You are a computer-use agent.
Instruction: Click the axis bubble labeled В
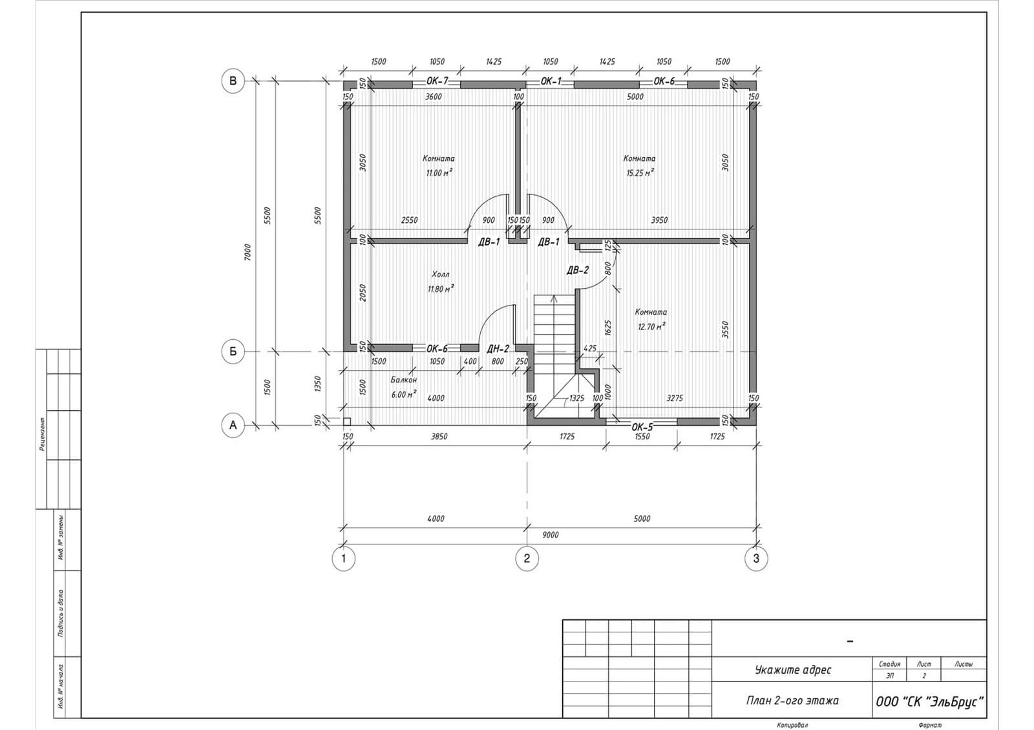233,81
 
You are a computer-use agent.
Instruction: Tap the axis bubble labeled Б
233,351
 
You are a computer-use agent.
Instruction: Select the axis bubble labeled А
233,425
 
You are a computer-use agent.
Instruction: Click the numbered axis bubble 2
527,559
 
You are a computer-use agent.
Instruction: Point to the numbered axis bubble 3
756,559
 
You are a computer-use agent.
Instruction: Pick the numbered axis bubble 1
343,559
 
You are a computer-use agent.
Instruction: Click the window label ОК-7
437,81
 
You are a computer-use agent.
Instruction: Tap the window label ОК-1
551,81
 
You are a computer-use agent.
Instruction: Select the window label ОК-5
642,427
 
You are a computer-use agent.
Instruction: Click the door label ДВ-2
578,271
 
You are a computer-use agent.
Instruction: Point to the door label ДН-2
498,349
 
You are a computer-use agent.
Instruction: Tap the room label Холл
440,275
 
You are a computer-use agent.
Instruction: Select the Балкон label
404,380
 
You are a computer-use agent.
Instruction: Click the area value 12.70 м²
651,327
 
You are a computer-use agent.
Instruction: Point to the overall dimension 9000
550,535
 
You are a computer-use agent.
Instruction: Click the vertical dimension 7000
248,253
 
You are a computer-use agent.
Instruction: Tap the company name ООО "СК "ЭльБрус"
929,702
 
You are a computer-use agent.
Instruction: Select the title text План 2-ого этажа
792,700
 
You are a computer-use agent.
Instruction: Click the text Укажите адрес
793,670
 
